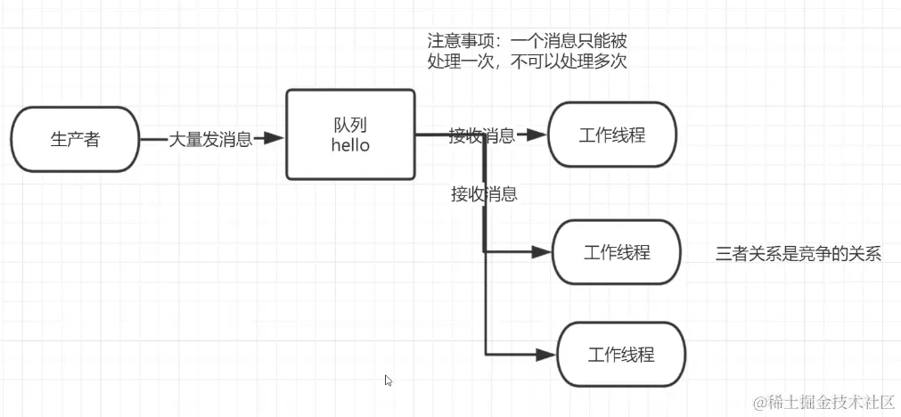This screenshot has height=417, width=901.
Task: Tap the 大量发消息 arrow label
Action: point(210,139)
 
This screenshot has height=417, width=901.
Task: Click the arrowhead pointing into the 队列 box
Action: point(274,138)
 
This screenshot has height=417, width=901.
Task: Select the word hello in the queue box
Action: point(350,145)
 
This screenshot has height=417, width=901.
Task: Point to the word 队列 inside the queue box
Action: point(350,126)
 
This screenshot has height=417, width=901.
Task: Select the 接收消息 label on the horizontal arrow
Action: point(482,135)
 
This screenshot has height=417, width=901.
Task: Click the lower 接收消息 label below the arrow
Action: point(484,193)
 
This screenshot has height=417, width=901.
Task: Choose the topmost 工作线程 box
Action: point(612,135)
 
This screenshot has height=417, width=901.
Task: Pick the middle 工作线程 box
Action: point(617,252)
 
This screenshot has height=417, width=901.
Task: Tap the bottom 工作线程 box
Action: point(621,355)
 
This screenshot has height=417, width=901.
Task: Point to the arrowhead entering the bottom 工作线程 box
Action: point(545,355)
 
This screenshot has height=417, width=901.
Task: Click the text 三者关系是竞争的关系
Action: point(798,254)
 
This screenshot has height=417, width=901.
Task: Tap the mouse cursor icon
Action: point(389,380)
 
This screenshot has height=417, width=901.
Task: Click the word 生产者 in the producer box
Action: point(75,139)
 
